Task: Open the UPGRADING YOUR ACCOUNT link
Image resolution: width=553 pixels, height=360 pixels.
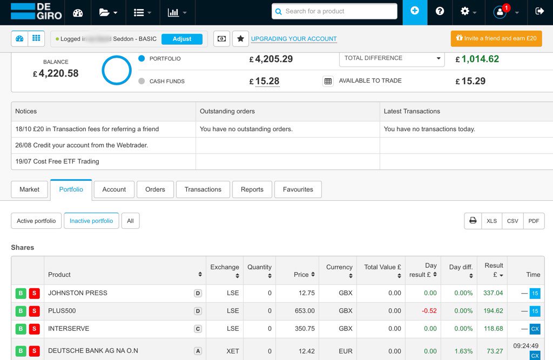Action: point(294,39)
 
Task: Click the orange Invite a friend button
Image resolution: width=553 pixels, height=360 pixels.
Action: point(496,38)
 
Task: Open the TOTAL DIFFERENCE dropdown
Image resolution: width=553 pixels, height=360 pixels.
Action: point(392,58)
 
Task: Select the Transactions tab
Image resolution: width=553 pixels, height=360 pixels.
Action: point(203,189)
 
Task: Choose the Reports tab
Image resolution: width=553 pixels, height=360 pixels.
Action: point(252,189)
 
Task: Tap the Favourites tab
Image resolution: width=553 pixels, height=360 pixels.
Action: point(298,189)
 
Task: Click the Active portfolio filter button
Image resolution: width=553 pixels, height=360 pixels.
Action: point(36,221)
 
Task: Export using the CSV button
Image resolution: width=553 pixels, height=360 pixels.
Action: point(512,221)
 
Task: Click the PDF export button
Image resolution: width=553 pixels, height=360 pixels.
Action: point(534,221)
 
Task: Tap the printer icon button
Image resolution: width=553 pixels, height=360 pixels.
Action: point(473,221)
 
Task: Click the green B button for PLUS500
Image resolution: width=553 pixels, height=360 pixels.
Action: point(21,311)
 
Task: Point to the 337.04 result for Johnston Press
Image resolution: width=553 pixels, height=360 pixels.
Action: point(493,293)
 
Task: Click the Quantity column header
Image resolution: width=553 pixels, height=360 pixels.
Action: point(260,270)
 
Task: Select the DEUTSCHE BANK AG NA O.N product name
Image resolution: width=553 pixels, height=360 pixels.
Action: point(93,351)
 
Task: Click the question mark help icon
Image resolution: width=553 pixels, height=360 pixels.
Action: point(440,11)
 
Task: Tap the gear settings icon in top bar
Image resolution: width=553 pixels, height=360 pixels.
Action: point(465,11)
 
